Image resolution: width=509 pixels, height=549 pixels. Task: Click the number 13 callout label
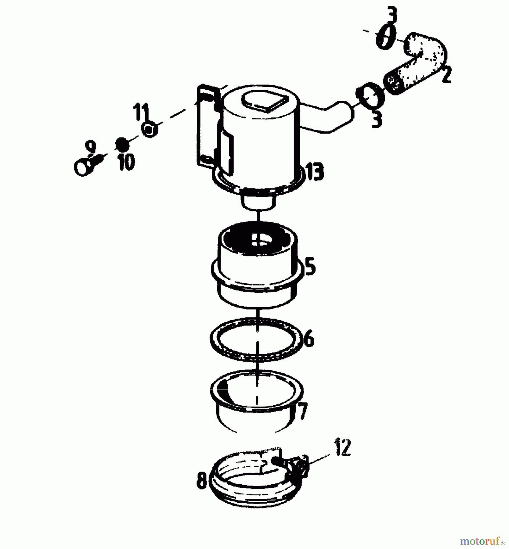[314, 172]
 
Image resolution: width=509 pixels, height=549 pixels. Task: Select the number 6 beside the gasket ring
[309, 339]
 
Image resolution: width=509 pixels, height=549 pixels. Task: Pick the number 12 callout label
[343, 447]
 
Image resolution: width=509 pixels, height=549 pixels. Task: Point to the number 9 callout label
[90, 147]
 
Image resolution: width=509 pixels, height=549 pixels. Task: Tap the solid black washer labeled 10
[122, 144]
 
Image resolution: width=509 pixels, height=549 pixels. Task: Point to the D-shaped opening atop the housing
[264, 101]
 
